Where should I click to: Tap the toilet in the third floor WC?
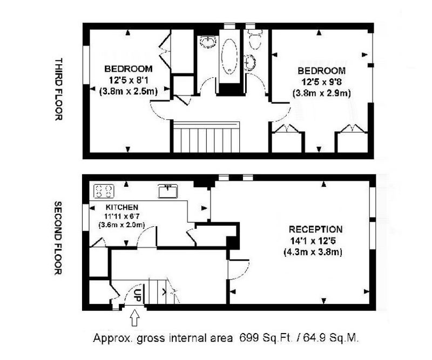254,39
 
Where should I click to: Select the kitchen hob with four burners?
104,191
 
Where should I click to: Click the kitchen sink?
168,191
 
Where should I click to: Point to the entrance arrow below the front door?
134,317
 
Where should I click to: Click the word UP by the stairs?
137,295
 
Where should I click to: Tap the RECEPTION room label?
315,229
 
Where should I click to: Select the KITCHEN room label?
122,207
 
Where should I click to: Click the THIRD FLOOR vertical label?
58,89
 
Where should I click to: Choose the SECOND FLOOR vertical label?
58,238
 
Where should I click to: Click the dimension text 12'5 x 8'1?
129,80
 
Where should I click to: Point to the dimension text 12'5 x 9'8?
321,82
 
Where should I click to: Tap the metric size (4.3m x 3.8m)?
313,252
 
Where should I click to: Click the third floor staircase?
206,137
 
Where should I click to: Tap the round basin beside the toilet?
250,63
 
